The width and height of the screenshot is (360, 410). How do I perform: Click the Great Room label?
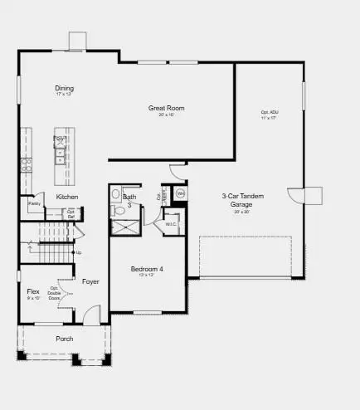[x=166, y=108]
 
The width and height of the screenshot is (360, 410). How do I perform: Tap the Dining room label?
[x=64, y=88]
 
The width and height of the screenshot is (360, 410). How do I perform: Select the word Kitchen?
[x=67, y=196]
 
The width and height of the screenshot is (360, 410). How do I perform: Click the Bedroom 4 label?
[x=148, y=269]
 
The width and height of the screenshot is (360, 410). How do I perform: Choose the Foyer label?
[x=90, y=281]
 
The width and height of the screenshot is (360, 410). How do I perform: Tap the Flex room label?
[x=33, y=291]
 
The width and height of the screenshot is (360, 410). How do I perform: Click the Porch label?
[x=64, y=339]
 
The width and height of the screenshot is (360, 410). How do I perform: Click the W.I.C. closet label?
[x=171, y=224]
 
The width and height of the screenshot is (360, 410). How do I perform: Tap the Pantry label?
[x=34, y=203]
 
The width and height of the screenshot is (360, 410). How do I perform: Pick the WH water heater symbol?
[x=181, y=193]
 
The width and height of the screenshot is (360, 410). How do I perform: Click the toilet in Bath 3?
[x=119, y=212]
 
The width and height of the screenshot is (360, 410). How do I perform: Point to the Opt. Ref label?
[x=71, y=214]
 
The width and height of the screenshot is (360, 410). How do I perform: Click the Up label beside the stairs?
[x=79, y=252]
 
